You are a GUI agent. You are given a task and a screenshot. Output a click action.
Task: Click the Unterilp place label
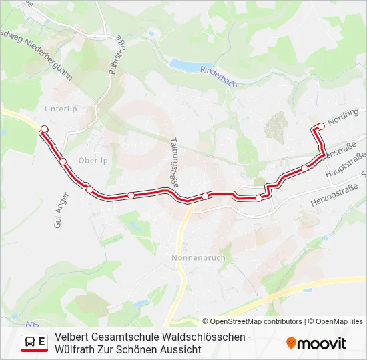pos(61,107)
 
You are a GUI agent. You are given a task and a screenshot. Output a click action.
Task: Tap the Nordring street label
pos(344,118)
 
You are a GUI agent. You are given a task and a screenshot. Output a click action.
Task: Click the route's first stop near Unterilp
pos(45,129)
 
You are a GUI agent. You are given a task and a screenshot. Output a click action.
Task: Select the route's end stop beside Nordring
pos(321,125)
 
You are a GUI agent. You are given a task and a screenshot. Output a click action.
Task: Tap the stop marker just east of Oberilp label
pos(63,161)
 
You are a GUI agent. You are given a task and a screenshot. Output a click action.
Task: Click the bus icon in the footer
pos(30,342)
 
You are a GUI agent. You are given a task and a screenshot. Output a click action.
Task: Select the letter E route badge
pos(42,342)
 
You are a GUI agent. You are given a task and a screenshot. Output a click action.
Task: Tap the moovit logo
pos(316,343)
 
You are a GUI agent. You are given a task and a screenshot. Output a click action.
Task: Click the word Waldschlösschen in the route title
pos(201,337)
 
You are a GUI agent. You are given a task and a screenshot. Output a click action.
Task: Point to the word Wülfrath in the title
pos(77,349)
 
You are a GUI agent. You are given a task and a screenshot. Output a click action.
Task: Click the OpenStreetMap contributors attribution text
pos(256,321)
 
